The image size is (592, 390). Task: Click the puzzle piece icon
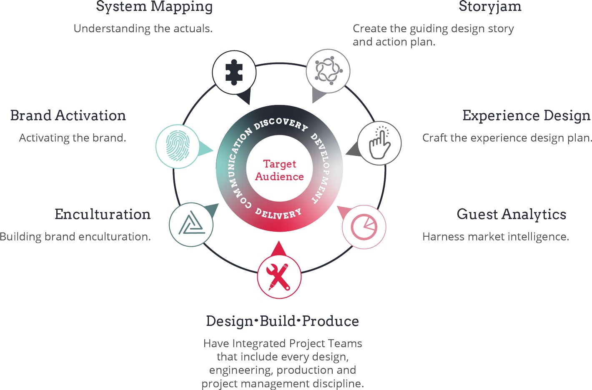(234, 72)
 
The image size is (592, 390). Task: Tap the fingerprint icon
(178, 146)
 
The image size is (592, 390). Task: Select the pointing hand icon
(379, 143)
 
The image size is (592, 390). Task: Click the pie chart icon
(364, 227)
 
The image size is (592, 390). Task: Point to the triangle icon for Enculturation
(191, 225)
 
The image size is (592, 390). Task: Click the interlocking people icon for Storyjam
(328, 71)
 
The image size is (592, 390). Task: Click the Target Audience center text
(279, 170)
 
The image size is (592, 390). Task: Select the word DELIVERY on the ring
(278, 214)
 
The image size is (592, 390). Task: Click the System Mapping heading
(154, 7)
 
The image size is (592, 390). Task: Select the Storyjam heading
(490, 7)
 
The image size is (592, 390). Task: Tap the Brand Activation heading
(68, 115)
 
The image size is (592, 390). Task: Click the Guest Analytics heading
(512, 214)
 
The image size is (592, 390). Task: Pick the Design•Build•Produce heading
(282, 321)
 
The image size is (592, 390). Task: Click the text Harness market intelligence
(496, 237)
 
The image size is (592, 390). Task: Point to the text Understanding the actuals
(143, 28)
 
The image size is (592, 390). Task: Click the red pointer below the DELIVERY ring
(279, 249)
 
